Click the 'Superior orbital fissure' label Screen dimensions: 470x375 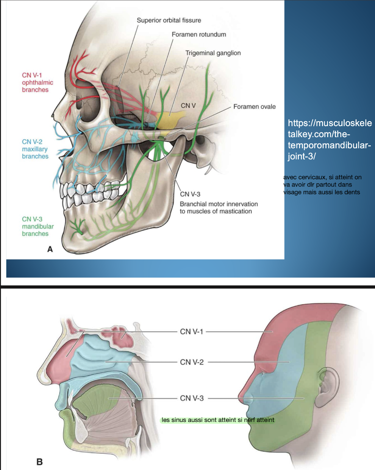169,20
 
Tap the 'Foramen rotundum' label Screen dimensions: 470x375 199,34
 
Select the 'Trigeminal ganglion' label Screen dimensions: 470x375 213,53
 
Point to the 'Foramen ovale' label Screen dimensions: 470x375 254,107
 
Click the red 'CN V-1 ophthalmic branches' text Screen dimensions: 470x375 37,82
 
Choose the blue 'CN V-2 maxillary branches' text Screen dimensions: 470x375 35,149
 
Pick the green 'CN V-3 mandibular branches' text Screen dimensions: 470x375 37,226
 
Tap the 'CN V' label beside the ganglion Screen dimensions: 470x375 188,105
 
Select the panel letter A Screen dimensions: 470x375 50,249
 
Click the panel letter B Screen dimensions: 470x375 39,462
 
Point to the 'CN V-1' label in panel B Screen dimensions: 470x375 192,332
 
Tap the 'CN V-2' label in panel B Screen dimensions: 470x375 192,362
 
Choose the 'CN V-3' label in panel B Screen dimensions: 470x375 192,398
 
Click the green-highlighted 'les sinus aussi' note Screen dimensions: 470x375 218,420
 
